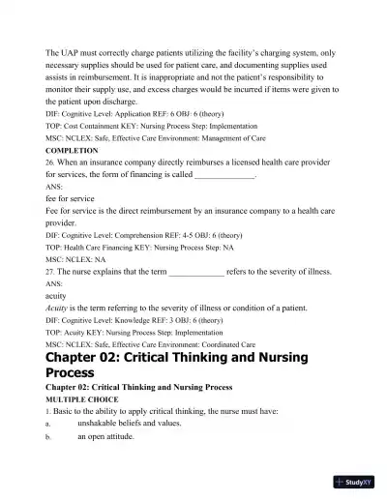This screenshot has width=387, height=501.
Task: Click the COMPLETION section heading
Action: [72, 151]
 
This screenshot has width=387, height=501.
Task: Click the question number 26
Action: [51, 163]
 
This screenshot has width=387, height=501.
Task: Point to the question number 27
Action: [51, 272]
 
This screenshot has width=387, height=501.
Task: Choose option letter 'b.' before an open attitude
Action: [48, 436]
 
